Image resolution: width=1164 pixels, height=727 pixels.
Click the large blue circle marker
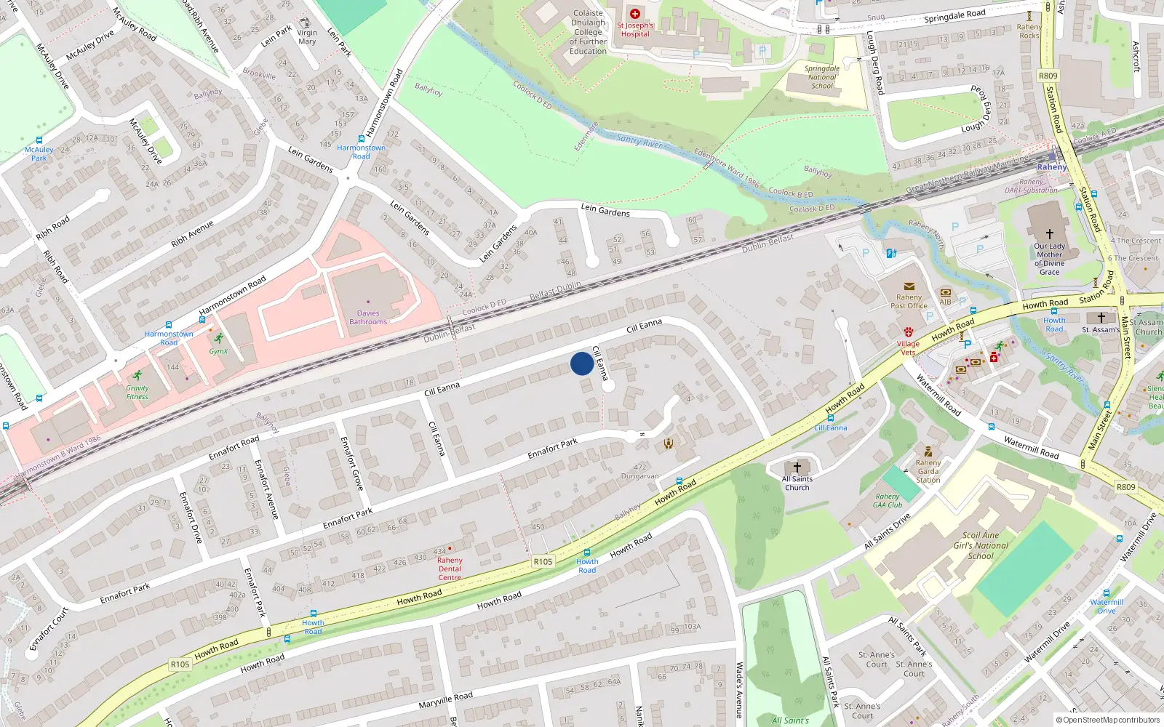coord(582,363)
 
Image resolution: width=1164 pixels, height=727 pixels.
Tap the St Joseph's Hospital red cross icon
coord(635,14)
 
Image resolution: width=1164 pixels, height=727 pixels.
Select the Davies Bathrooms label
coord(368,318)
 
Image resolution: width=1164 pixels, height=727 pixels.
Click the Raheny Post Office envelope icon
coord(909,286)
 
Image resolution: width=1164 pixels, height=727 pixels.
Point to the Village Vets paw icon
coord(909,332)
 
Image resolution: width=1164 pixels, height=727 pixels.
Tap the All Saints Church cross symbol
coord(797,467)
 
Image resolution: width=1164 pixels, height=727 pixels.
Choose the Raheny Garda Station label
coord(928,471)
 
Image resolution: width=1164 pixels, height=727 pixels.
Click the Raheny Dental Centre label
coord(450,569)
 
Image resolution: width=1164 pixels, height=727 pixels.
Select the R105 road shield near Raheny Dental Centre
coord(543,561)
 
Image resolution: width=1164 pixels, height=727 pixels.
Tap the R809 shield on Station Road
coord(1048,76)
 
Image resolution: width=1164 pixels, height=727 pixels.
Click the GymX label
coord(218,351)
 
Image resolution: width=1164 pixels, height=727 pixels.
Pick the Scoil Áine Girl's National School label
coord(981,545)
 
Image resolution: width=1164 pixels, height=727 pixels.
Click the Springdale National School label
coord(822,77)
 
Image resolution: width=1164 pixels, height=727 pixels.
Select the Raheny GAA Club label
coord(888,501)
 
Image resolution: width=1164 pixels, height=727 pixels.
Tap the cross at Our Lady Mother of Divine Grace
coord(1049,233)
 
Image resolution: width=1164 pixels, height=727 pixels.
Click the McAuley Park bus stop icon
coord(39,140)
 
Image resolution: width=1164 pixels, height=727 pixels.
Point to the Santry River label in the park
coord(639,141)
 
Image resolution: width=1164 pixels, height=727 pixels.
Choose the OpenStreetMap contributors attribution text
coord(1108,720)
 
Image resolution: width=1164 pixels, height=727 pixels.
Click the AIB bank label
coord(945,302)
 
